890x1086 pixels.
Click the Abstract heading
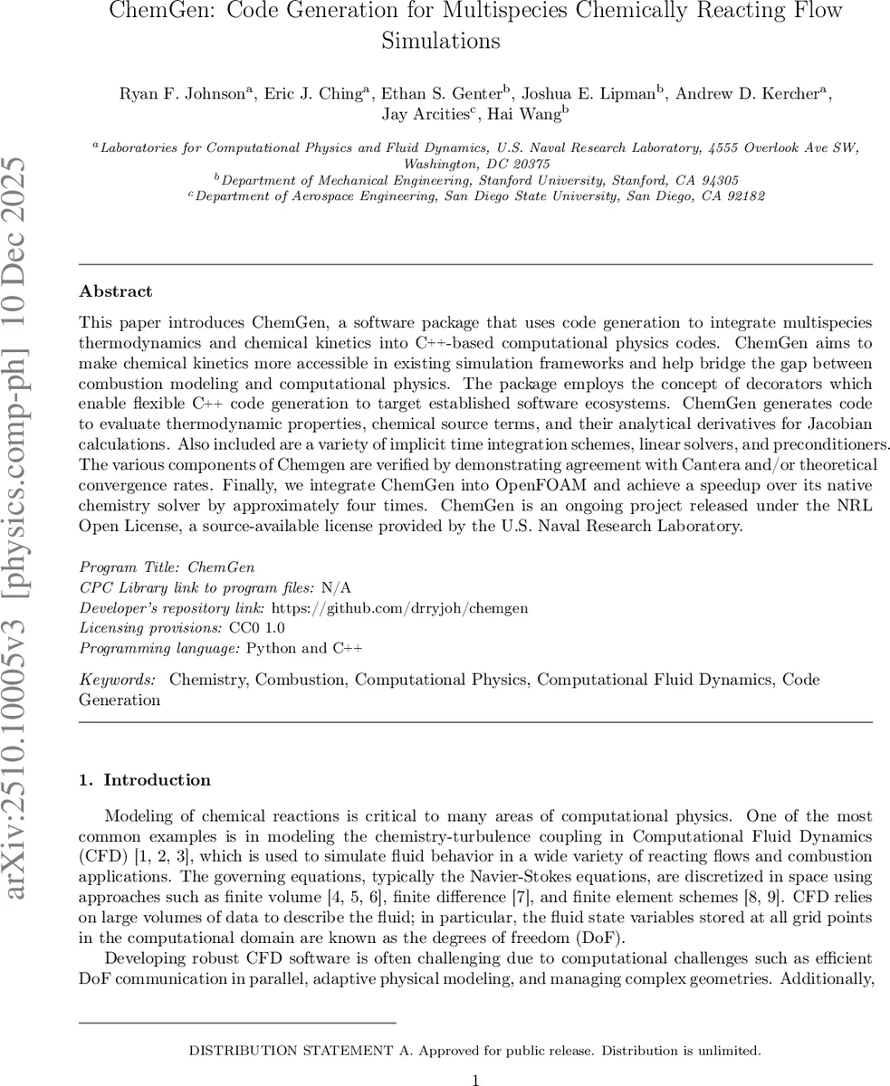pyautogui.click(x=116, y=291)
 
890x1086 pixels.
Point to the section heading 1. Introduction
pyautogui.click(x=145, y=780)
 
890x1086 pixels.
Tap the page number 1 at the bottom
pyautogui.click(x=475, y=1079)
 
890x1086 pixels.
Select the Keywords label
pyautogui.click(x=116, y=680)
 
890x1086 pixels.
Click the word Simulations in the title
pyautogui.click(x=440, y=40)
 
